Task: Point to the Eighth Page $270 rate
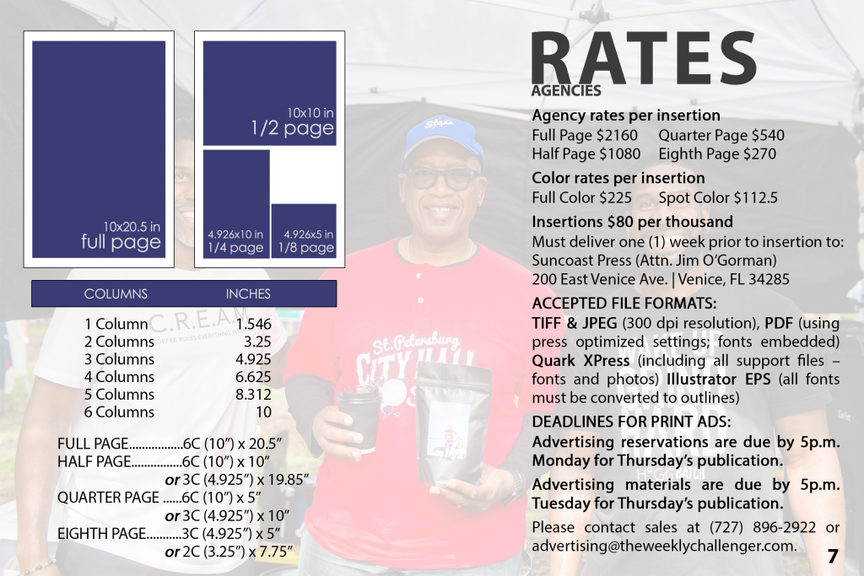coord(717,154)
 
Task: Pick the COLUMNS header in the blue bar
coord(116,294)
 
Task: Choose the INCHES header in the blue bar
coord(248,294)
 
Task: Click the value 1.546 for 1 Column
coord(254,324)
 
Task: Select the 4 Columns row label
coord(119,376)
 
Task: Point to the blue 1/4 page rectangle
coord(235,203)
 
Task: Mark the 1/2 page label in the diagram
coord(292,129)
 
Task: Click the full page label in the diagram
coord(121,243)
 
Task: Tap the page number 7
coord(832,556)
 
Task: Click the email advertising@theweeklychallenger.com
coord(664,546)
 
